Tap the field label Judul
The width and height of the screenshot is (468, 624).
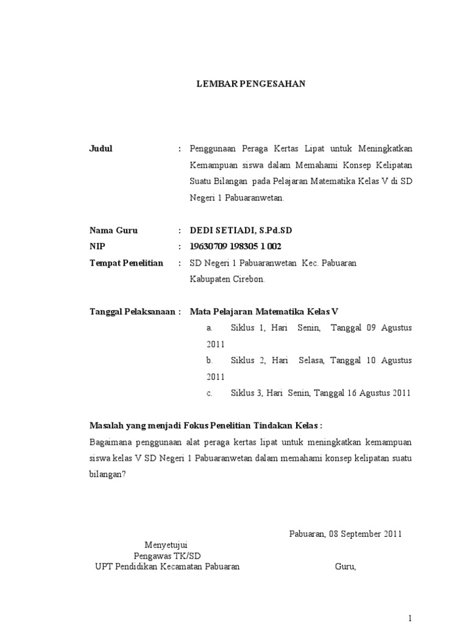tap(101, 149)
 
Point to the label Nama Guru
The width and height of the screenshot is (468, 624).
tap(114, 230)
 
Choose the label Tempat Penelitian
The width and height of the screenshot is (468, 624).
tap(126, 263)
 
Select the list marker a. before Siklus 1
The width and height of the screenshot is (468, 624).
tap(209, 328)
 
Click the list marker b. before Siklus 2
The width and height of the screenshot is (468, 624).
tap(210, 361)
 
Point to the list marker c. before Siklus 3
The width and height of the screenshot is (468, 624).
tap(209, 393)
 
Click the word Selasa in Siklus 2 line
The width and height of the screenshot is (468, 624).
tap(312, 361)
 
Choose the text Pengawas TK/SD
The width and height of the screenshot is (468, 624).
tap(167, 555)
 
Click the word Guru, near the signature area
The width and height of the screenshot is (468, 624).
tap(346, 566)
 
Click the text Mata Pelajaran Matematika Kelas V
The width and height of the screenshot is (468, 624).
tap(264, 311)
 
